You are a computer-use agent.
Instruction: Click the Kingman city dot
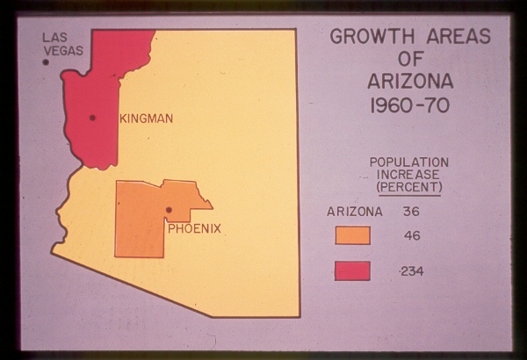click(x=92, y=117)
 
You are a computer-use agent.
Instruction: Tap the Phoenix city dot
click(x=169, y=210)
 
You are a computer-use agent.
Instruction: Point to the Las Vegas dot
click(x=46, y=62)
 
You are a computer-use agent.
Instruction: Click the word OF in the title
click(x=410, y=60)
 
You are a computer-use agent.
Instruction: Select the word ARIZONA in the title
click(x=410, y=83)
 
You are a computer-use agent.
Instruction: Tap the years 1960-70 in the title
click(x=410, y=106)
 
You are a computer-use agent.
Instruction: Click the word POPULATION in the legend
click(x=408, y=162)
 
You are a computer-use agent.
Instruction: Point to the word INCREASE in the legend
click(x=409, y=175)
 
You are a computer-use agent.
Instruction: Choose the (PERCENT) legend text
click(x=409, y=187)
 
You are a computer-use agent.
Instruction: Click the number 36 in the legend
click(x=411, y=212)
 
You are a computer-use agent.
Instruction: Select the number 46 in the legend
click(x=411, y=236)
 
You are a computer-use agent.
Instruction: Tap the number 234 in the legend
click(x=411, y=271)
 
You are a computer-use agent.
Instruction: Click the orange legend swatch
click(x=352, y=235)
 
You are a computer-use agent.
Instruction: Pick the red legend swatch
click(x=352, y=270)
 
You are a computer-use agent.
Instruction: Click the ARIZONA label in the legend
click(x=355, y=212)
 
